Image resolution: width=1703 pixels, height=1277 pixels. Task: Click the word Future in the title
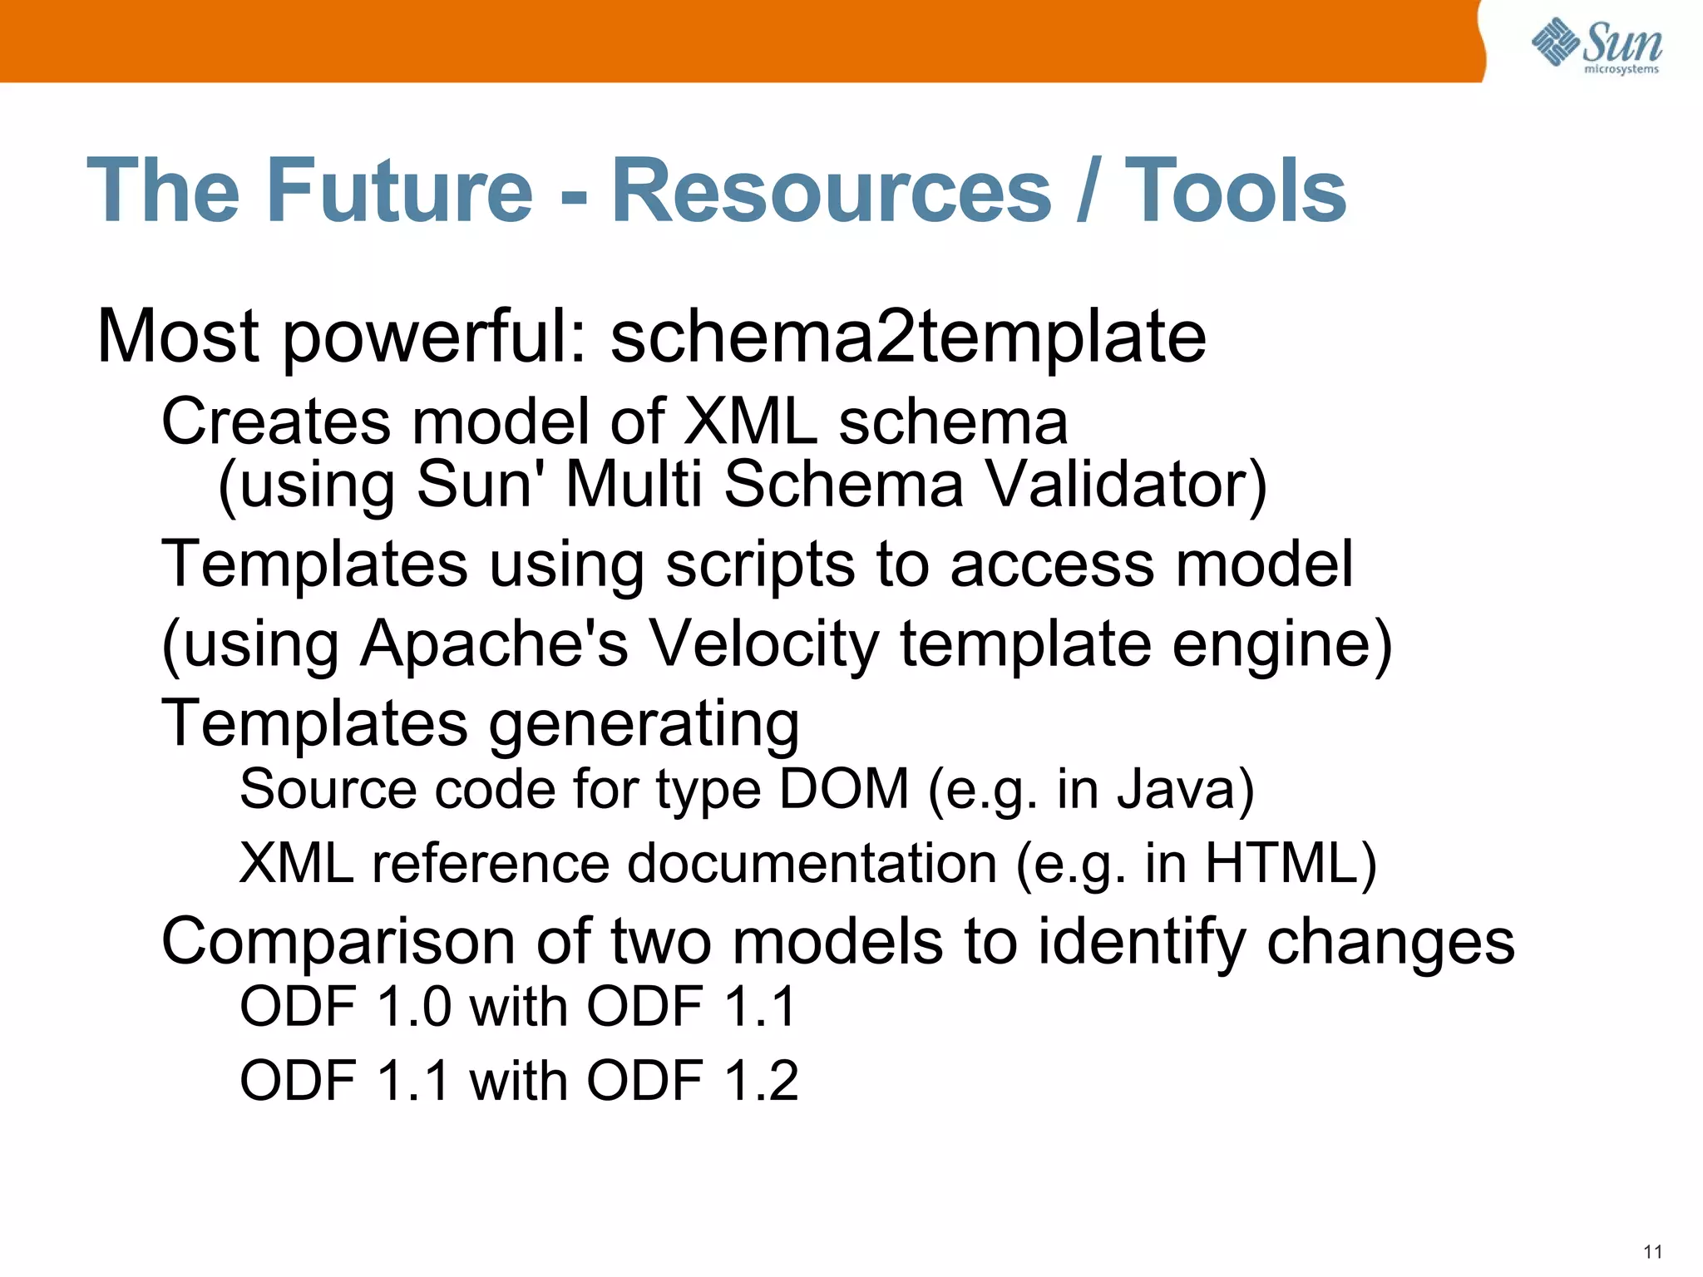click(x=399, y=191)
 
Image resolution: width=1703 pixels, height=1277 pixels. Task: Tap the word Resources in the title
click(x=832, y=191)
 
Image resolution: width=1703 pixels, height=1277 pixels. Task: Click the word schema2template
click(x=908, y=337)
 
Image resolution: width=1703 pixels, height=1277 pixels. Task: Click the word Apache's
click(x=494, y=644)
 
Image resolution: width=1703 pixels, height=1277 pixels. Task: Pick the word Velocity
click(x=763, y=644)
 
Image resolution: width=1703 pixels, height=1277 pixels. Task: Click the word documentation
click(x=812, y=864)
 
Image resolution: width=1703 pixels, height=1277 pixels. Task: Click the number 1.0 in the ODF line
click(x=414, y=1007)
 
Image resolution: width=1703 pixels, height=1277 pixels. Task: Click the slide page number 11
click(x=1652, y=1252)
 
